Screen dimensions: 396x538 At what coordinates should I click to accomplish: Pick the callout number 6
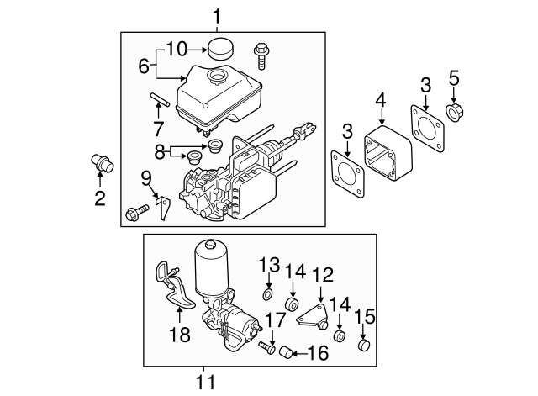pos(142,65)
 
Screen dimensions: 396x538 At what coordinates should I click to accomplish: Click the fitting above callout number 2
pos(101,161)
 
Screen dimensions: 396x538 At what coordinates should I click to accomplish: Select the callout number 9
pos(145,178)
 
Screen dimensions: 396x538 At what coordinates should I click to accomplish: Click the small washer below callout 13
pos(267,294)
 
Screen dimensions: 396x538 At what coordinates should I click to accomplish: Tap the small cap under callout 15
pos(365,346)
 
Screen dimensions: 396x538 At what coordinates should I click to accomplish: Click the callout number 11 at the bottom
pos(205,383)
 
